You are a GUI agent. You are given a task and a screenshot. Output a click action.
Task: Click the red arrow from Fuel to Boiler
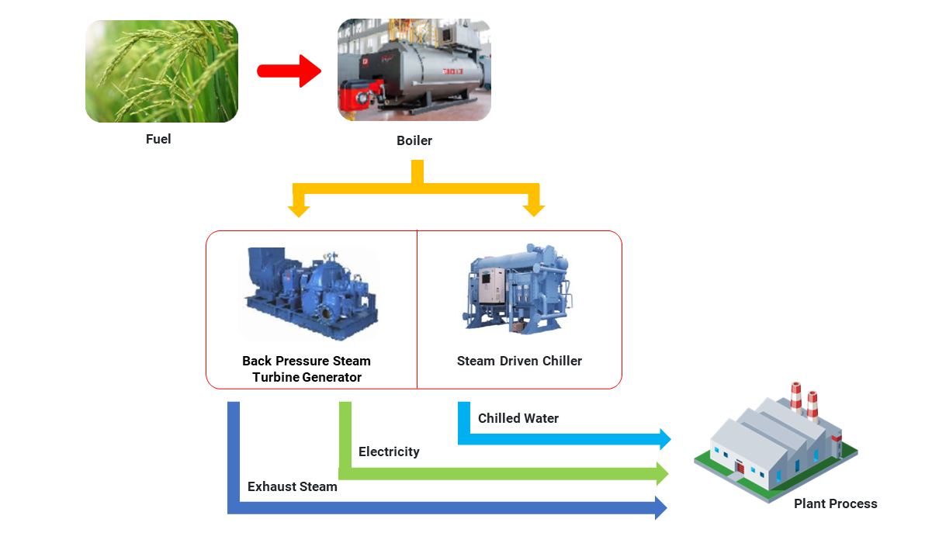pyautogui.click(x=289, y=71)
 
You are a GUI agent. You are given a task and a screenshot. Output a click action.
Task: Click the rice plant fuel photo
pyautogui.click(x=161, y=71)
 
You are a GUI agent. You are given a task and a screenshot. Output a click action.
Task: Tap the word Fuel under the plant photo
pyautogui.click(x=158, y=140)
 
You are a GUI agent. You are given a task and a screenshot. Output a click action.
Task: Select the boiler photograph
pyautogui.click(x=414, y=70)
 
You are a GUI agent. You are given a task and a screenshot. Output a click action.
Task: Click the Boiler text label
pyautogui.click(x=414, y=141)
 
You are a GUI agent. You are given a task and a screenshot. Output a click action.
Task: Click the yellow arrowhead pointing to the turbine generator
pyautogui.click(x=298, y=210)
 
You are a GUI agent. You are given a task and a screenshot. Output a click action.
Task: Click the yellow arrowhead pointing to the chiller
pyautogui.click(x=534, y=210)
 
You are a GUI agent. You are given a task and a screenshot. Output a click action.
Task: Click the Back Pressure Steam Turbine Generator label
pyautogui.click(x=307, y=369)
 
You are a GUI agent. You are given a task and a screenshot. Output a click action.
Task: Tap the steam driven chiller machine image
pyautogui.click(x=518, y=289)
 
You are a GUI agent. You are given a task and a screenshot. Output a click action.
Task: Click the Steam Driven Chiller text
pyautogui.click(x=519, y=361)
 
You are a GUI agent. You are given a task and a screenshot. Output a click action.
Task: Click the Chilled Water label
pyautogui.click(x=518, y=419)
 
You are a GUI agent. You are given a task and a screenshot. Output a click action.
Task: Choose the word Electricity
pyautogui.click(x=389, y=451)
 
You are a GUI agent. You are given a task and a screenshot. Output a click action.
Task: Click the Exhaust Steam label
pyautogui.click(x=293, y=487)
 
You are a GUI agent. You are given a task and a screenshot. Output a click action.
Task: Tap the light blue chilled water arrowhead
pyautogui.click(x=664, y=439)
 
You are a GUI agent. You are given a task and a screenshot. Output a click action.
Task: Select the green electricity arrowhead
pyautogui.click(x=662, y=473)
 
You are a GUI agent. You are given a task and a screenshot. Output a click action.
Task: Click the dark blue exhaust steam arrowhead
pyautogui.click(x=660, y=508)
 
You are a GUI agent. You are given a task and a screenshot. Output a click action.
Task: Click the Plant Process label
pyautogui.click(x=835, y=504)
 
